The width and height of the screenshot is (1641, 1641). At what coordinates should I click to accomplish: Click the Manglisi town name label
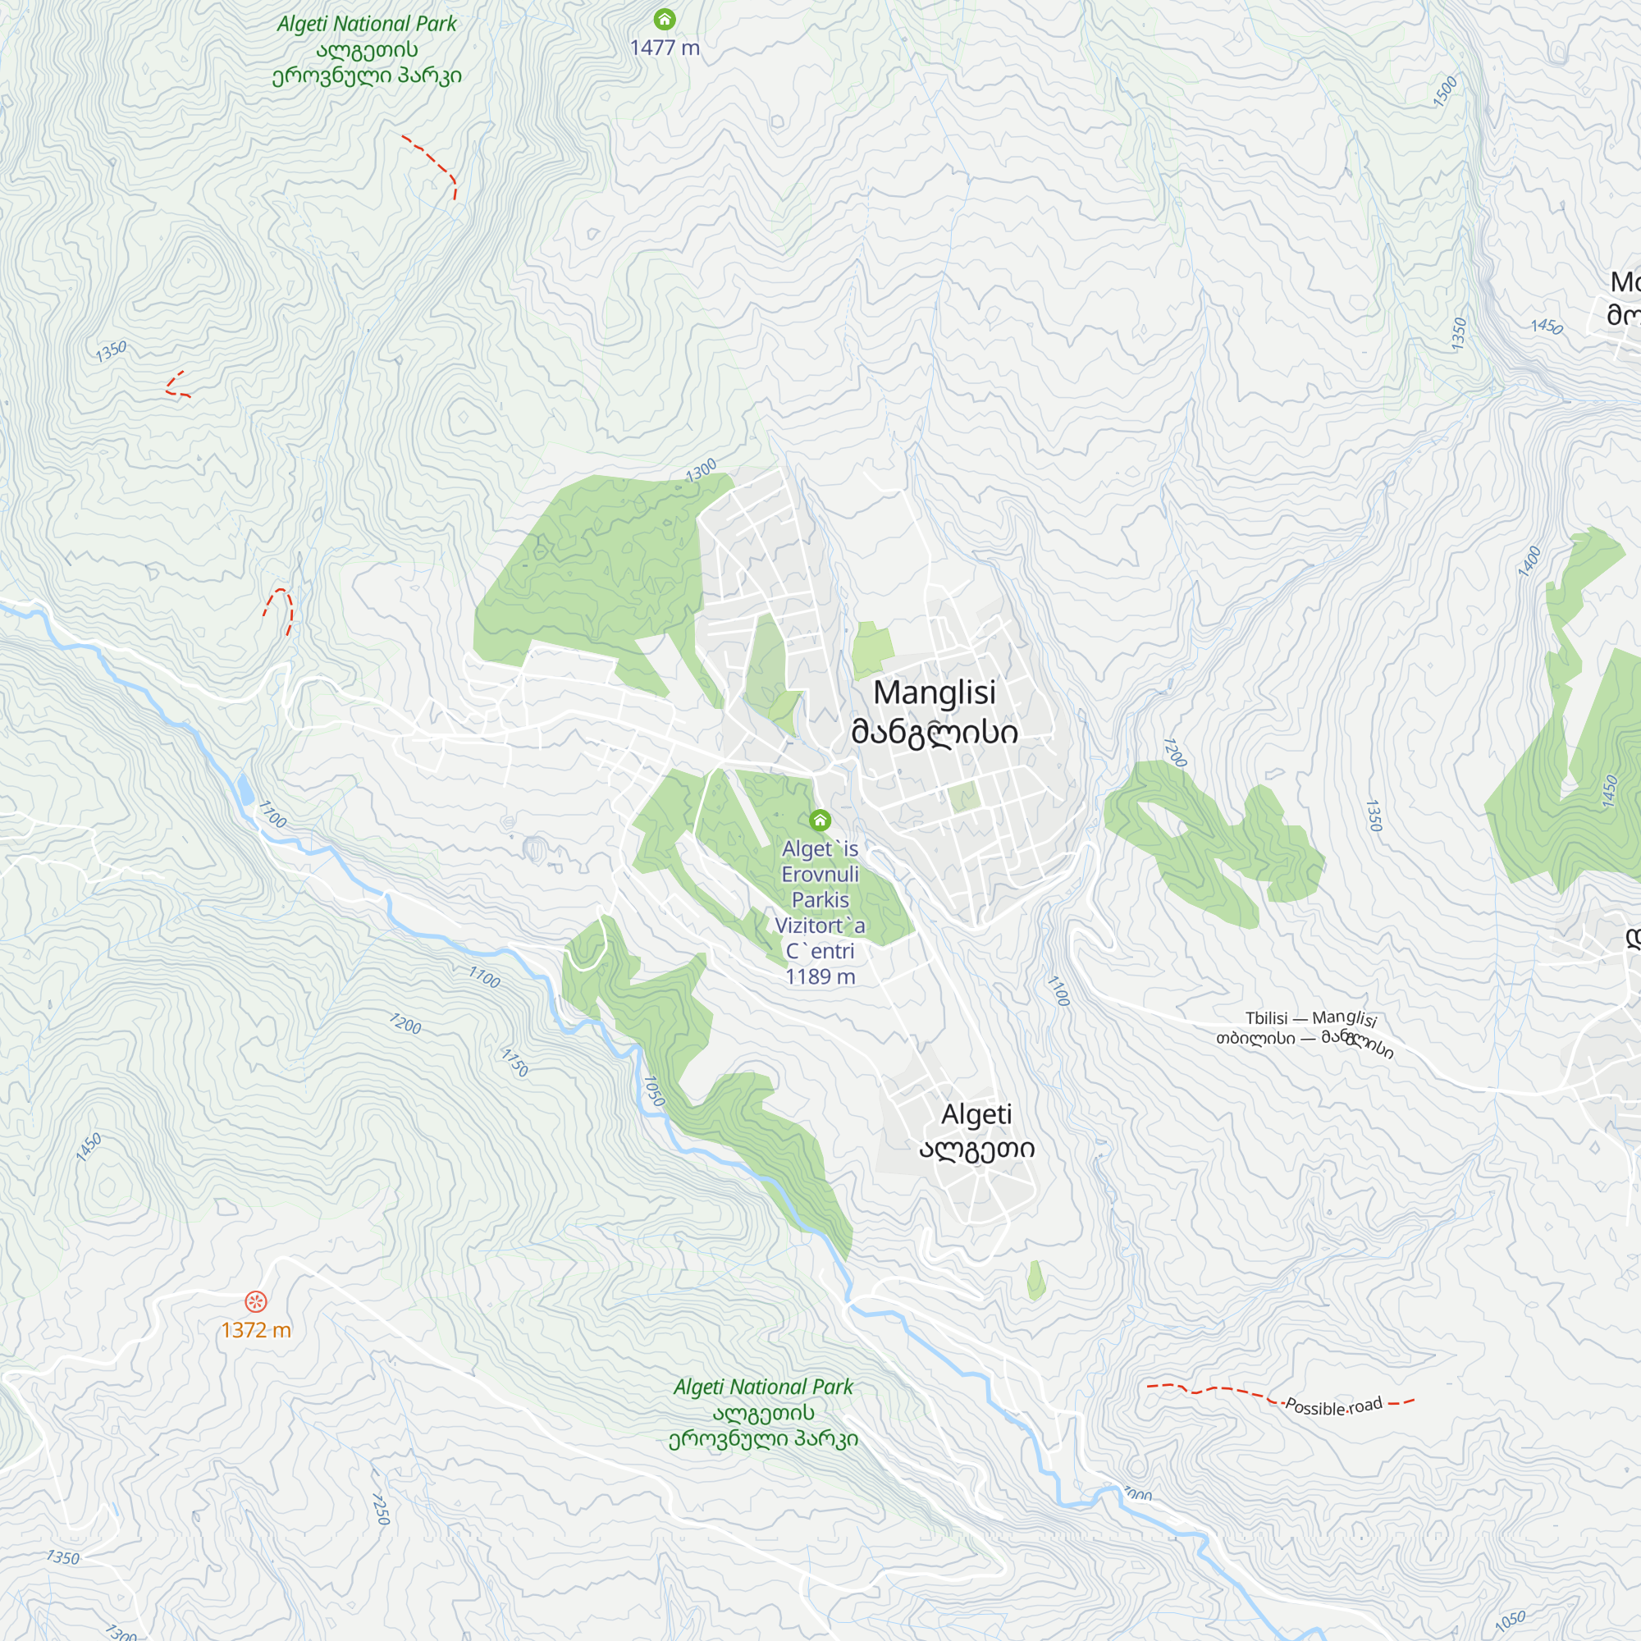tap(935, 711)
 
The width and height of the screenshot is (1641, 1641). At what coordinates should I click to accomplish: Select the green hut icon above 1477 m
tap(665, 19)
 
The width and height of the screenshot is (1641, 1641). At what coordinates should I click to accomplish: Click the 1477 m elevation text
tap(665, 48)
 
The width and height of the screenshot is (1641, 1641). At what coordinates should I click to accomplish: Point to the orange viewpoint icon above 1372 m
tap(256, 1301)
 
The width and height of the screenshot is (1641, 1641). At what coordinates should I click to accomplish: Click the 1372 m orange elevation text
tap(256, 1330)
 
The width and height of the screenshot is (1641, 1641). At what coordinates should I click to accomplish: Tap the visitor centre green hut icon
tap(820, 820)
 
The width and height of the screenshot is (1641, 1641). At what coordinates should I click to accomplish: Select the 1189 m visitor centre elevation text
tap(820, 976)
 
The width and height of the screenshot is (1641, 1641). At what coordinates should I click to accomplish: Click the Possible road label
tap(1333, 1406)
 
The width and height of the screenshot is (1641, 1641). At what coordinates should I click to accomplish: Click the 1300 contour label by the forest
tap(702, 470)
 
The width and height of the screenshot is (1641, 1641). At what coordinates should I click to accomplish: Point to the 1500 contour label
tap(1445, 92)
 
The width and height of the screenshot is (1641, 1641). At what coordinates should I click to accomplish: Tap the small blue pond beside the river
tap(245, 790)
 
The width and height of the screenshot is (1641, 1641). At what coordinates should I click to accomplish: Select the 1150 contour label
tap(514, 1063)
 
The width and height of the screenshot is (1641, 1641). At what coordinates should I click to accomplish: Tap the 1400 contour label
tap(1529, 561)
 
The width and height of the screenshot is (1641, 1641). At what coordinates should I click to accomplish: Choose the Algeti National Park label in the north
tap(367, 49)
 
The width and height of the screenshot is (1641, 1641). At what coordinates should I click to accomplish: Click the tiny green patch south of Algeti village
tap(1036, 1280)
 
